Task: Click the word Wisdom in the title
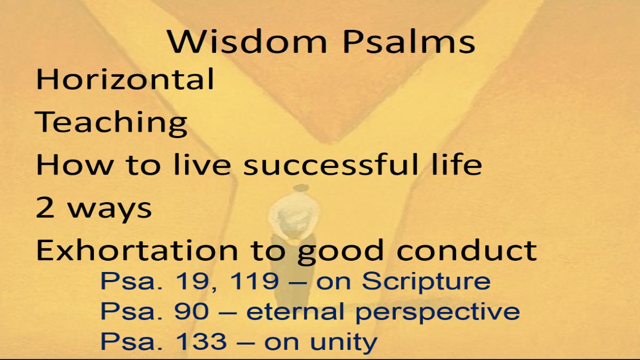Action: pos(247,42)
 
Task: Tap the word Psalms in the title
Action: pos(409,42)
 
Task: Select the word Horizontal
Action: pos(125,79)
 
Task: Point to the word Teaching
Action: pos(111,123)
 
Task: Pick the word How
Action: pos(75,164)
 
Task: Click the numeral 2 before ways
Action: pos(45,207)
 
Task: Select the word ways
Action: pos(110,211)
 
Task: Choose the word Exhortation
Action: pos(137,250)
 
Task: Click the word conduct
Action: pos(467,250)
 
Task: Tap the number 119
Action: pos(254,281)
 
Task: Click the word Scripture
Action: pos(426,283)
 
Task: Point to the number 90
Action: pos(191,311)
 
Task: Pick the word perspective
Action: pos(438,313)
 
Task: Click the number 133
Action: pos(201,341)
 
